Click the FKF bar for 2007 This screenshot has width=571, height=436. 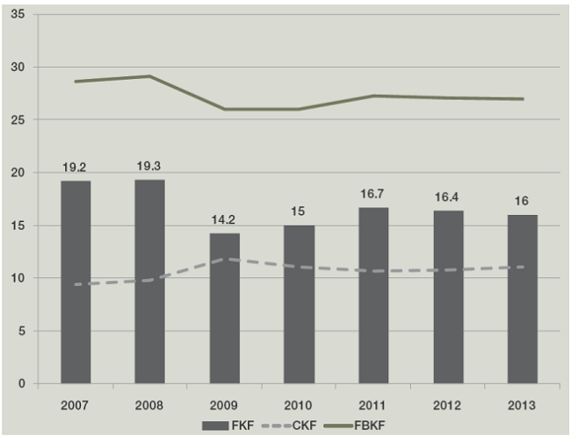[x=76, y=282]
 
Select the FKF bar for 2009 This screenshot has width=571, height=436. [x=225, y=308]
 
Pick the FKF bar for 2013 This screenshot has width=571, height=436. [x=523, y=298]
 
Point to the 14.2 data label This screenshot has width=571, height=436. [x=225, y=220]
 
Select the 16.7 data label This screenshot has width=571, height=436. [x=373, y=194]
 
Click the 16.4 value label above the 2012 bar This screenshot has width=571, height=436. [x=448, y=197]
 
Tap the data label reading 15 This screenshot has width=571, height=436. [x=299, y=212]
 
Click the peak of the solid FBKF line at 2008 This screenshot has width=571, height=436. [x=150, y=76]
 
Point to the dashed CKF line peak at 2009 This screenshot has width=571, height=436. [x=225, y=259]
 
